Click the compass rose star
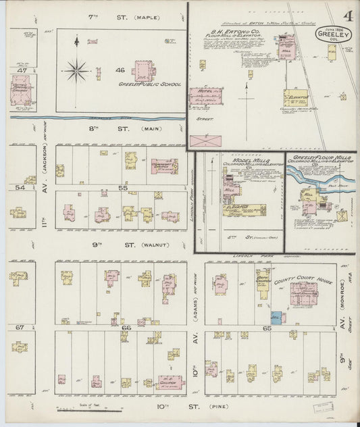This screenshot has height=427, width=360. [76, 68]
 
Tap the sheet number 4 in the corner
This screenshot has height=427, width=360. [346, 16]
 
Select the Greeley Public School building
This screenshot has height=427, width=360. [143, 70]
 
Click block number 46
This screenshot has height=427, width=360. [120, 70]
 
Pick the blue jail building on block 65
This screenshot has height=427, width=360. [276, 316]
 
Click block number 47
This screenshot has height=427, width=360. [22, 70]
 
